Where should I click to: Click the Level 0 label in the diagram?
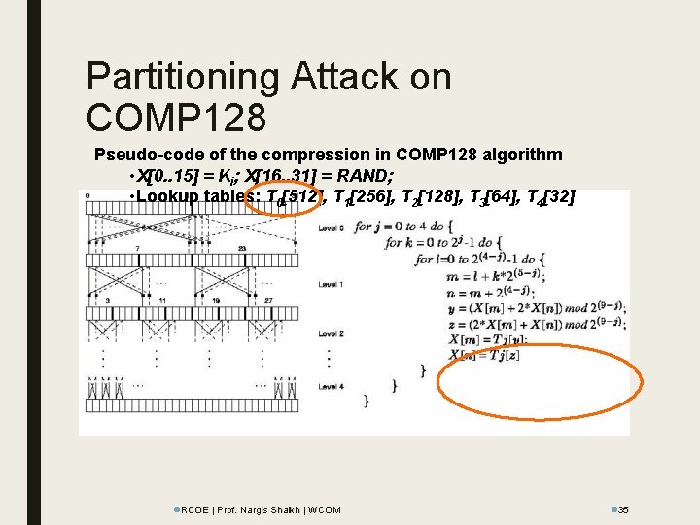point(331,227)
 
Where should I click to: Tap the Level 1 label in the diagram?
point(331,284)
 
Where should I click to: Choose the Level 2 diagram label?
point(331,333)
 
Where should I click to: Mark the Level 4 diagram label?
point(331,387)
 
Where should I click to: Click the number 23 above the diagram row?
point(227,249)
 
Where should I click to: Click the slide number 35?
point(624,509)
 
